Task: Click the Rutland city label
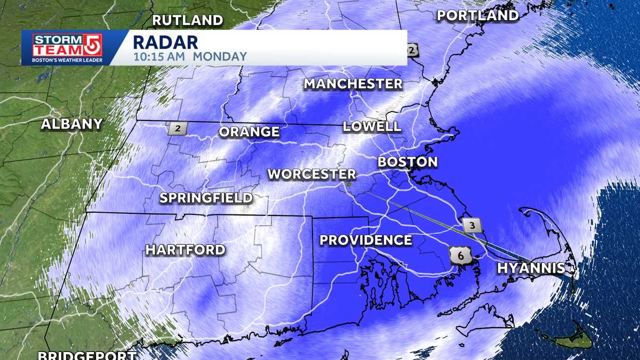pos(188,21)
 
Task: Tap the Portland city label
pos(478,16)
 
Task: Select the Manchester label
pos(353,84)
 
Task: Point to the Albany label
pos(72,124)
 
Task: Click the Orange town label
pos(249,132)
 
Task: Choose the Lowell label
pos(372,126)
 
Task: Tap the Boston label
pos(407,162)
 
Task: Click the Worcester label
pos(311,174)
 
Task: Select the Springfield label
pos(206,198)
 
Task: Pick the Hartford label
pos(186,250)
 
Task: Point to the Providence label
pos(366,240)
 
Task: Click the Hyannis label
pos(531,268)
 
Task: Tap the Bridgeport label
pos(87,355)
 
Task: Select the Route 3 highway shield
pos(472,225)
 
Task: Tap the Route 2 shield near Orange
pos(177,129)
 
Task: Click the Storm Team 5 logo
pos(67,47)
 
